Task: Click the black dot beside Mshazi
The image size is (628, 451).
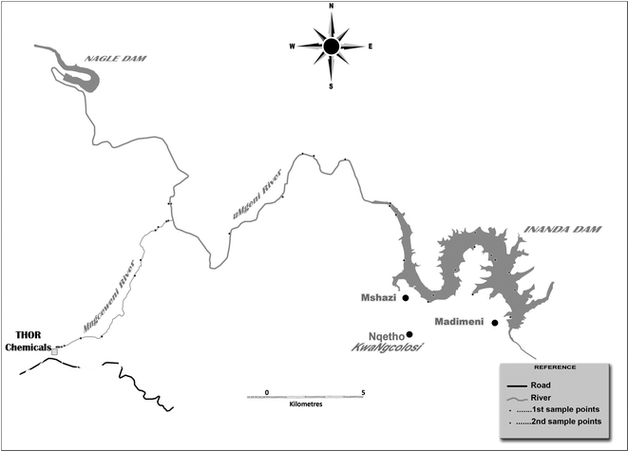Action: click(x=406, y=298)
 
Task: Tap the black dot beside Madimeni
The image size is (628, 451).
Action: click(x=495, y=323)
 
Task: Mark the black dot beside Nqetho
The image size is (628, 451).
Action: click(x=409, y=334)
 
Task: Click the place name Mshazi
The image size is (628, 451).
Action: click(x=378, y=298)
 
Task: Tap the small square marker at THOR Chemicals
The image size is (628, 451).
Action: click(x=54, y=352)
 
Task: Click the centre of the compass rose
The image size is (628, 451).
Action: click(x=332, y=46)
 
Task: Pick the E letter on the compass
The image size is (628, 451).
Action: click(x=370, y=46)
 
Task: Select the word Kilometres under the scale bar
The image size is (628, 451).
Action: click(x=306, y=404)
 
